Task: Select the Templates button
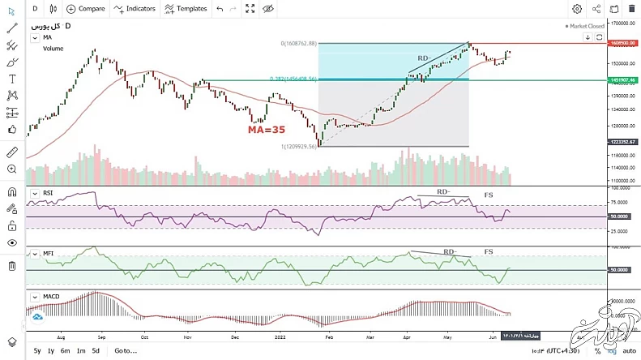[x=186, y=9]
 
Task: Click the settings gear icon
[x=577, y=9]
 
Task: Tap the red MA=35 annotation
[x=267, y=129]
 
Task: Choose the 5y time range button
[x=37, y=350]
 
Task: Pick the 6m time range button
[x=66, y=350]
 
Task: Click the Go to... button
[x=126, y=350]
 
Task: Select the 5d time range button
[x=95, y=350]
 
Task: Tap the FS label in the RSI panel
[x=489, y=195]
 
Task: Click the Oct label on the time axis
[x=145, y=334]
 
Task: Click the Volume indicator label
[x=53, y=48]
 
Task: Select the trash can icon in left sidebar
[x=12, y=266]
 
